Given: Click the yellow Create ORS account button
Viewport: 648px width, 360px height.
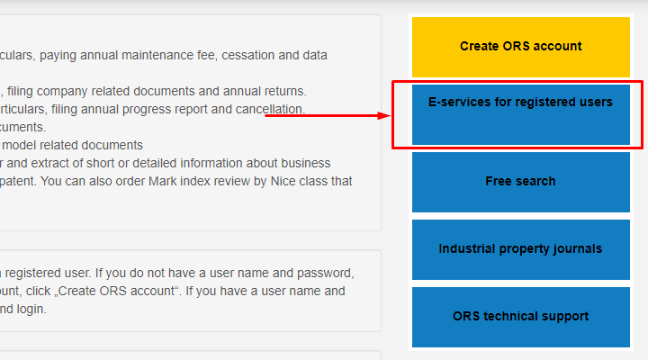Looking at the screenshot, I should pyautogui.click(x=520, y=46).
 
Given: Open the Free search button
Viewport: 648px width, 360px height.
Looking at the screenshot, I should pyautogui.click(x=520, y=181).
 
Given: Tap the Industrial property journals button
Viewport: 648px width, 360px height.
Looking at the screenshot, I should pyautogui.click(x=520, y=248).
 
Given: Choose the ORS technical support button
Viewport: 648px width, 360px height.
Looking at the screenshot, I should pyautogui.click(x=520, y=316).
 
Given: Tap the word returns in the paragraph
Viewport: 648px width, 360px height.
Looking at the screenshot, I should pyautogui.click(x=283, y=91).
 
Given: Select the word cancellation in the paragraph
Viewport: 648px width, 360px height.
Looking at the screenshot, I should pyautogui.click(x=269, y=109).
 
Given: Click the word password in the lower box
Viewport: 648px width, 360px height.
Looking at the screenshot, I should pyautogui.click(x=327, y=273).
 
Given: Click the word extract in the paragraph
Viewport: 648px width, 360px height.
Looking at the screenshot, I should pyautogui.click(x=51, y=163).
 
